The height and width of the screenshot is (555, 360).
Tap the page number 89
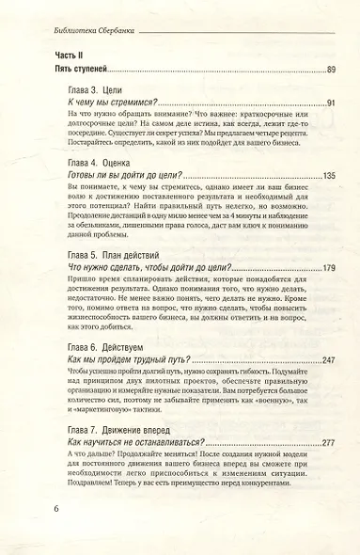point(328,70)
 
